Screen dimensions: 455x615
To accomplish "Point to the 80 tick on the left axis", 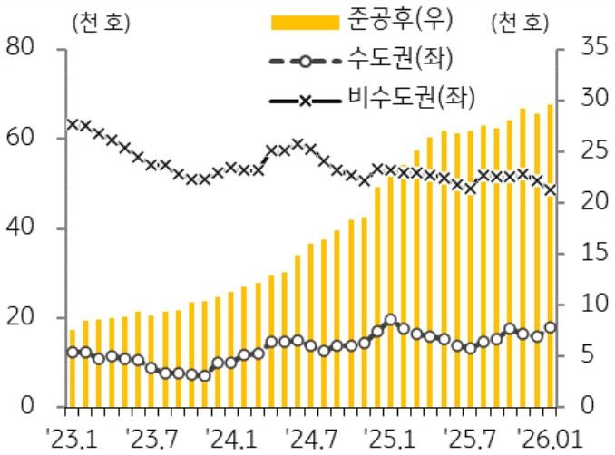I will click(x=22, y=48).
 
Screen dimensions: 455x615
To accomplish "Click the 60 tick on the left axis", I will click(x=22, y=138).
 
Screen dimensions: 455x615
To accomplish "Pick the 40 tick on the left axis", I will click(x=22, y=227).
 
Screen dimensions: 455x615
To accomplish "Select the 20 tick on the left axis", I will click(x=22, y=317).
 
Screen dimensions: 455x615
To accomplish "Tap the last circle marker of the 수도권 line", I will click(x=551, y=328).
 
